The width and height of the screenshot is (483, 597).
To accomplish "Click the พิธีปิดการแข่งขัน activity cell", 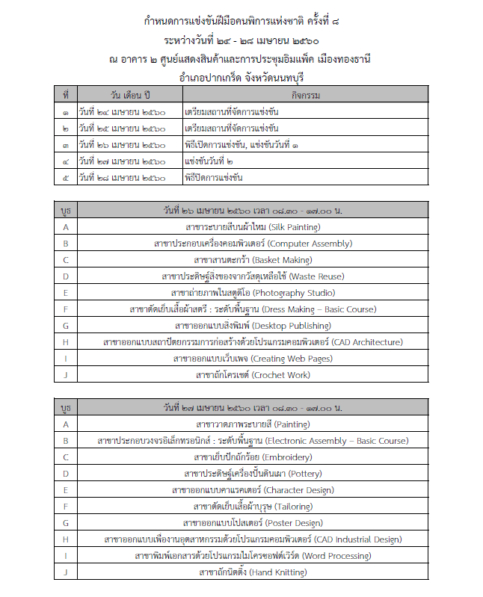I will click(213, 177).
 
